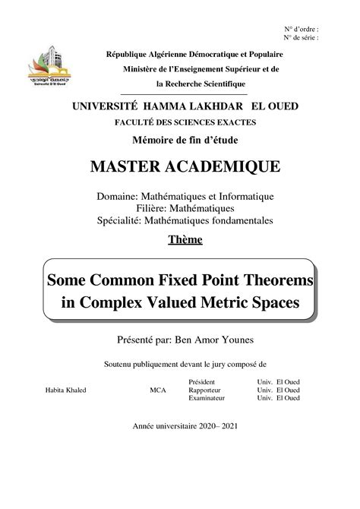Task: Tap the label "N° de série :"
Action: [301, 36]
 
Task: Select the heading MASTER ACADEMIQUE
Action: [179, 166]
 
